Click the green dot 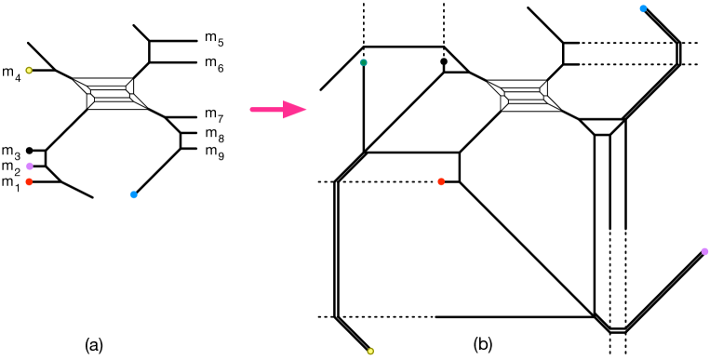[x=364, y=62]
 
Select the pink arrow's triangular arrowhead [x=293, y=110]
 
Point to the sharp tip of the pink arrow [x=307, y=110]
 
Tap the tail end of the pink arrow [x=250, y=110]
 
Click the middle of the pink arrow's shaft [x=267, y=110]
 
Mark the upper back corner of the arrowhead [x=284, y=100]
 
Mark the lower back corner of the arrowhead [x=284, y=119]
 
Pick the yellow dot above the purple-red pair [x=29, y=70]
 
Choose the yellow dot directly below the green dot [x=370, y=351]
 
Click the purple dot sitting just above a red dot [x=30, y=166]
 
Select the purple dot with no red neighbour [x=704, y=251]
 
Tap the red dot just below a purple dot [x=29, y=181]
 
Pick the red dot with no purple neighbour [x=441, y=181]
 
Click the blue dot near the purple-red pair [x=134, y=194]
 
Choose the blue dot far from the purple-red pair [x=643, y=8]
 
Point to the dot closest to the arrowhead [x=364, y=62]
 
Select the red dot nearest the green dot [x=441, y=181]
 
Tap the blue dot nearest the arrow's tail [x=134, y=194]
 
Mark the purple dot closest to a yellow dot [x=30, y=166]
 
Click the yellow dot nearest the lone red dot [x=370, y=351]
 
